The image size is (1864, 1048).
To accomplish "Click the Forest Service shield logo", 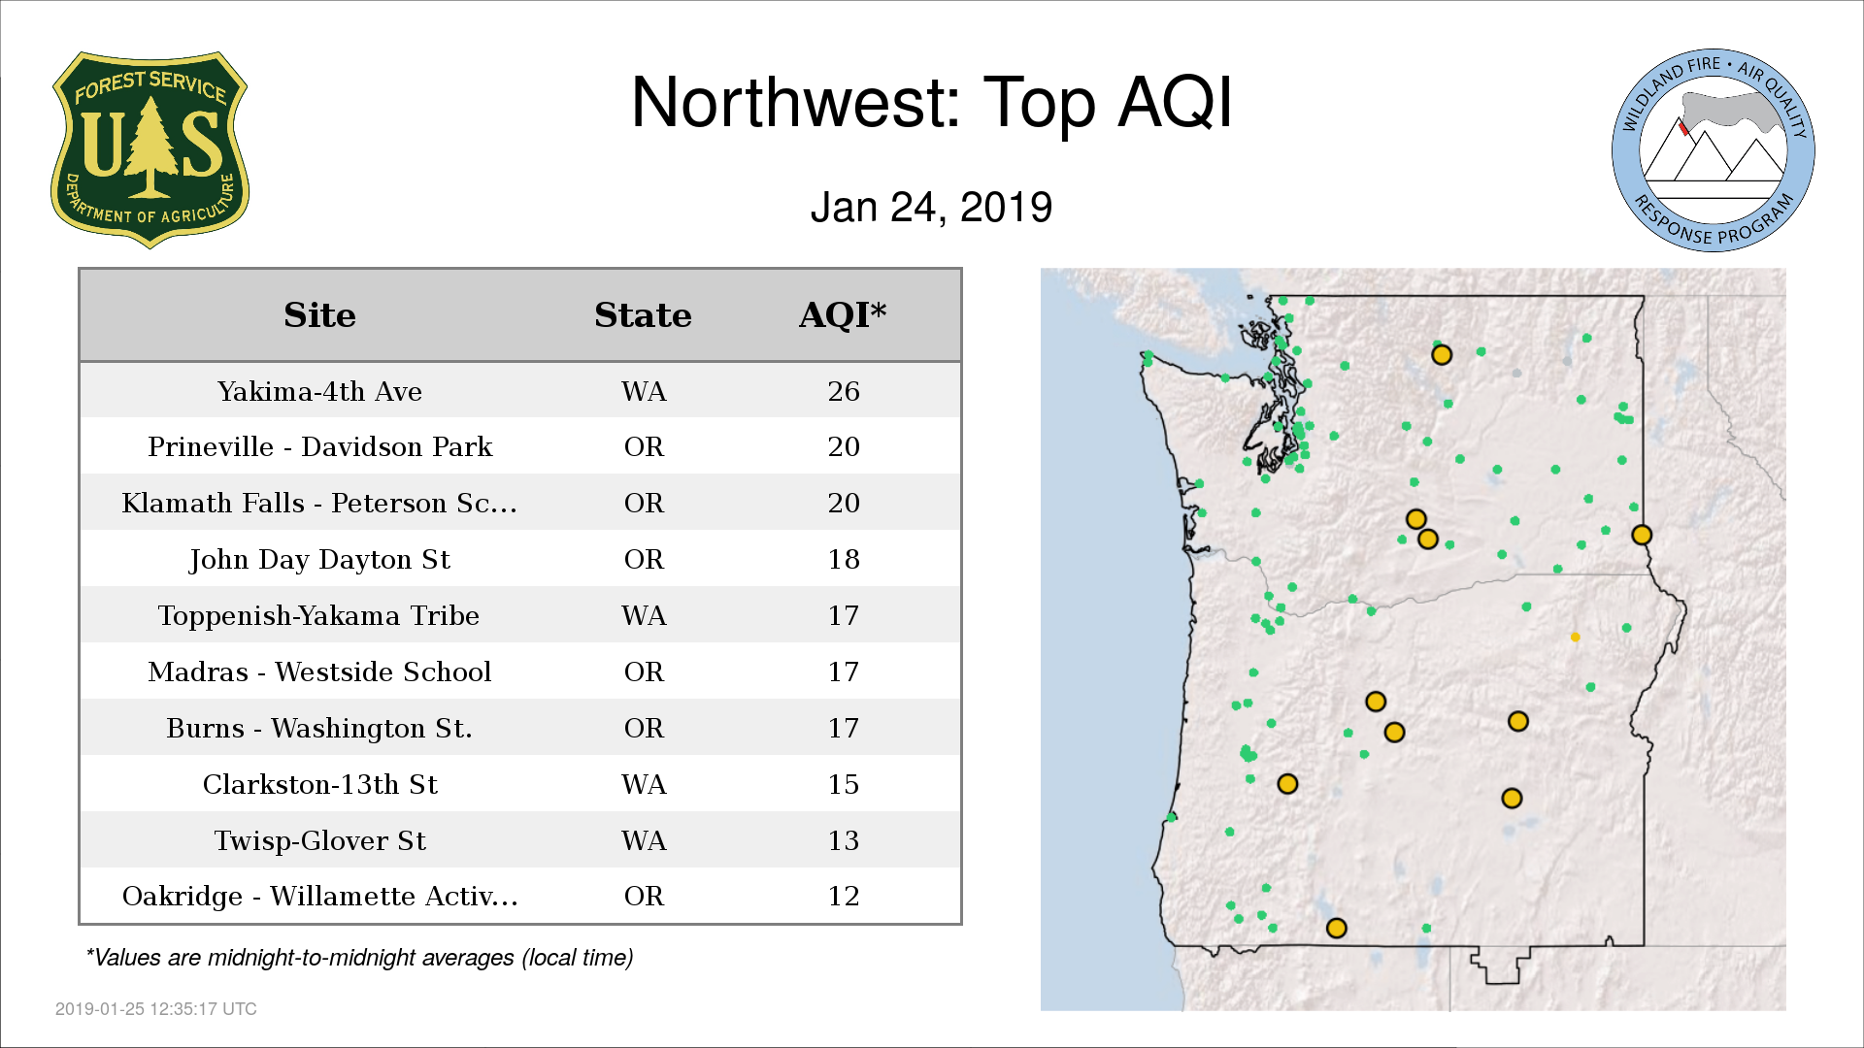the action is pyautogui.click(x=150, y=150).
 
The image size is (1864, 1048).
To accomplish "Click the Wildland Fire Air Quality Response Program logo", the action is pyautogui.click(x=1714, y=150).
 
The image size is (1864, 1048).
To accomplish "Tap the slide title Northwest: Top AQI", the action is pyautogui.click(x=932, y=102).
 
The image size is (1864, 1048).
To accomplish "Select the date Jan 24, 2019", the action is pyautogui.click(x=932, y=208).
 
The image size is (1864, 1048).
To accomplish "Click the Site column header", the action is pyautogui.click(x=319, y=315).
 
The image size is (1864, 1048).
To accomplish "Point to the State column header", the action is pyautogui.click(x=643, y=315).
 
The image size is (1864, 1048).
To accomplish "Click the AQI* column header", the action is pyautogui.click(x=843, y=315).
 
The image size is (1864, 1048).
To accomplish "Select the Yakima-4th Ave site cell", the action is pyautogui.click(x=319, y=391).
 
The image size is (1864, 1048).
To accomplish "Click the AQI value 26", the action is pyautogui.click(x=844, y=391).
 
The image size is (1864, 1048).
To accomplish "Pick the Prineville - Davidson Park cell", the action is pyautogui.click(x=319, y=447).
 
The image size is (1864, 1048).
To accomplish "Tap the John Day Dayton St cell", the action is pyautogui.click(x=319, y=560).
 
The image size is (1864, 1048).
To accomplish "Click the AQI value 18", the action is pyautogui.click(x=844, y=560).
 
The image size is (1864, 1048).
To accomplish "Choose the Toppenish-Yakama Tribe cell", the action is pyautogui.click(x=319, y=616).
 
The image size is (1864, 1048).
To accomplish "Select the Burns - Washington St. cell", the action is pyautogui.click(x=319, y=729).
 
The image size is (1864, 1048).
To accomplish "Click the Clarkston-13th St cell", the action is pyautogui.click(x=319, y=784).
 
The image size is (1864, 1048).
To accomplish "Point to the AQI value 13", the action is pyautogui.click(x=844, y=840).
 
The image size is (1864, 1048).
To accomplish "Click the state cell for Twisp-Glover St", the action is pyautogui.click(x=644, y=840).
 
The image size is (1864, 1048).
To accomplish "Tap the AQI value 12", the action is pyautogui.click(x=844, y=896).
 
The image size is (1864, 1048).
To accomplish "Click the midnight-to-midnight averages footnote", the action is pyautogui.click(x=359, y=958).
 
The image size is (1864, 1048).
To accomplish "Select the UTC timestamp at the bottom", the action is pyautogui.click(x=155, y=1009).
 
